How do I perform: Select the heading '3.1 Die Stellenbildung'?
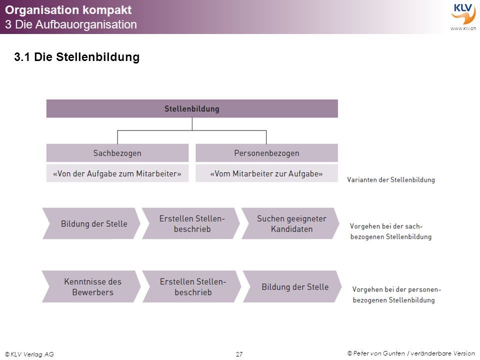pyautogui.click(x=77, y=57)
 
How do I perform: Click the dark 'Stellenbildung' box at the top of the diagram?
pyautogui.click(x=192, y=108)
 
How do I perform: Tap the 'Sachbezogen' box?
pyautogui.click(x=117, y=153)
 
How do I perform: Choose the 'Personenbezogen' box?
pyautogui.click(x=266, y=153)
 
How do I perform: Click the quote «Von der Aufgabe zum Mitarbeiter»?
pyautogui.click(x=117, y=173)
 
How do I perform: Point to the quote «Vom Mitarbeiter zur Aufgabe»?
pyautogui.click(x=266, y=173)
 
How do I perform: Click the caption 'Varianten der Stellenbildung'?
pyautogui.click(x=391, y=179)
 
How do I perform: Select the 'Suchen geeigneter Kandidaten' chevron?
pyautogui.click(x=290, y=223)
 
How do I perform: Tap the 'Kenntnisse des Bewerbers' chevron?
pyautogui.click(x=91, y=286)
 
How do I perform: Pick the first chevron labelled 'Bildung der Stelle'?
pyautogui.click(x=91, y=223)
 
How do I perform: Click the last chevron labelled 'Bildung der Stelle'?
pyautogui.click(x=292, y=286)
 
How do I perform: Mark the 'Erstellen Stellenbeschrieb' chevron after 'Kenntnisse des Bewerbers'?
pyautogui.click(x=192, y=286)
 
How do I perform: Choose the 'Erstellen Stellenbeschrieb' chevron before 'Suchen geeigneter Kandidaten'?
pyautogui.click(x=191, y=223)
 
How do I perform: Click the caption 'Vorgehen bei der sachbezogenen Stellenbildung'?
pyautogui.click(x=391, y=231)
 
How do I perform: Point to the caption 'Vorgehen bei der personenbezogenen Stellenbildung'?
pyautogui.click(x=396, y=294)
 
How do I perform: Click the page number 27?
pyautogui.click(x=239, y=354)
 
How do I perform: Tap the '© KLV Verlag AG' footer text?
pyautogui.click(x=29, y=354)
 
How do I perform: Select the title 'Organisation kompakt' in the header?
pyautogui.click(x=68, y=10)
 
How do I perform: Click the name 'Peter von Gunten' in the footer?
pyautogui.click(x=379, y=353)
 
